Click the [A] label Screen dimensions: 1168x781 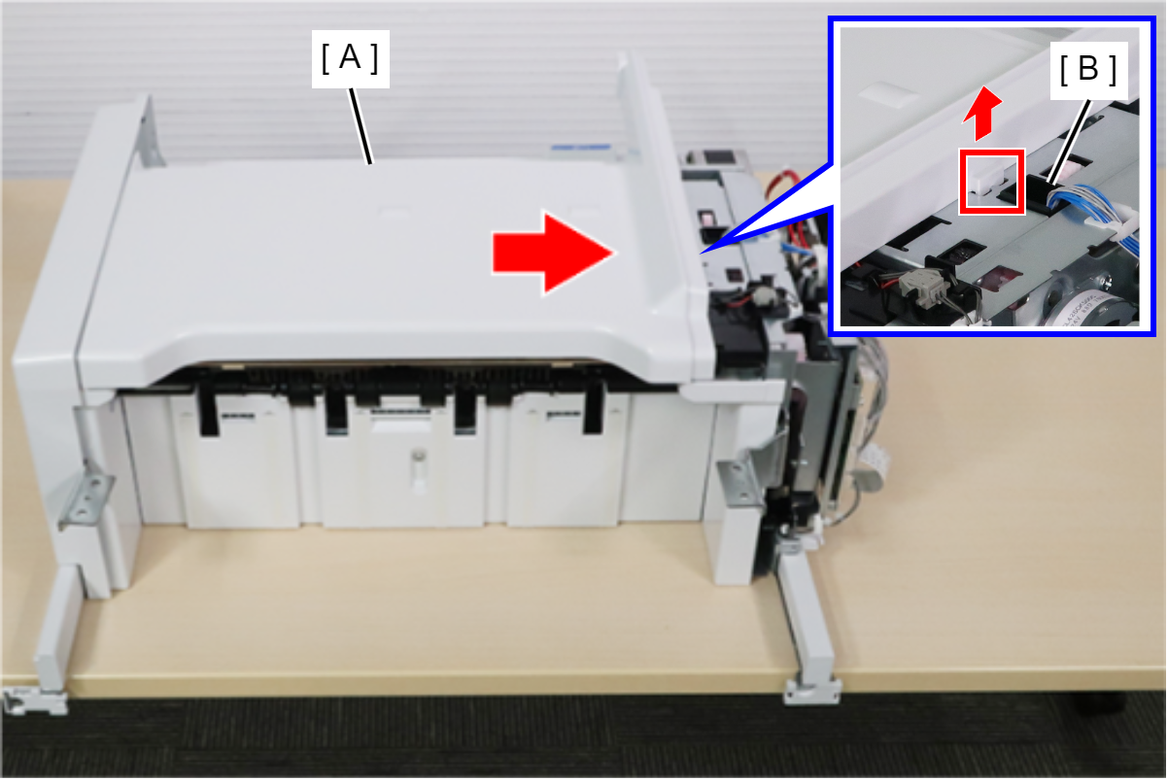(351, 58)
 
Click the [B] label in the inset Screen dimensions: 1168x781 (1088, 70)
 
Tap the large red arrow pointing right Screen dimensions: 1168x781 (553, 254)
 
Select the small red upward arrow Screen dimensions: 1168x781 (982, 113)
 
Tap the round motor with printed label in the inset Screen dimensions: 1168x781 (1100, 305)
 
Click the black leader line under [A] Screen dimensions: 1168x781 (361, 126)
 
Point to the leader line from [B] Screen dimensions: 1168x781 (1068, 142)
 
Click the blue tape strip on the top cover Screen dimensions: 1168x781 (580, 149)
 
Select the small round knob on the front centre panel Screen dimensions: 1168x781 (418, 457)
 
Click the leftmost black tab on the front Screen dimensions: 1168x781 (208, 412)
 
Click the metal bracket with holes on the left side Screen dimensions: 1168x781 (86, 495)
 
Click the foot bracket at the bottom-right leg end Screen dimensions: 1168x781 (811, 691)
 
